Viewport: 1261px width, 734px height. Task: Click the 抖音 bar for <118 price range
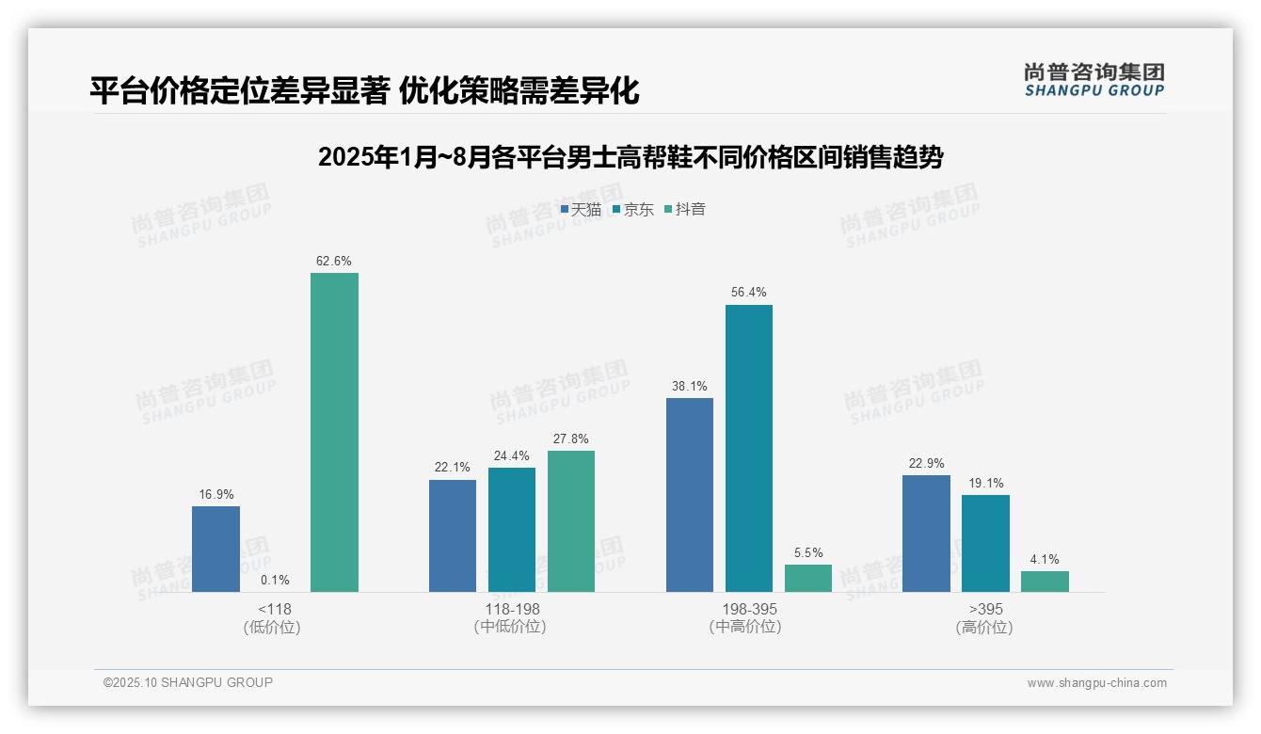point(334,432)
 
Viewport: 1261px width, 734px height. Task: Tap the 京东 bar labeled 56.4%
point(748,448)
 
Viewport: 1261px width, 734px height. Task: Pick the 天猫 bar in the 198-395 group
point(689,495)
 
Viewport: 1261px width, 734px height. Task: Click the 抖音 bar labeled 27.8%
point(570,521)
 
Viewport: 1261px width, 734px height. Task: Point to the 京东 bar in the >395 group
point(985,543)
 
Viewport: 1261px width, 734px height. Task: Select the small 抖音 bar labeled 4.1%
point(1045,582)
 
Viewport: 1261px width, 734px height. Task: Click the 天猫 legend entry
point(581,209)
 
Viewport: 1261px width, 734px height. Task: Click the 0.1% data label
point(275,580)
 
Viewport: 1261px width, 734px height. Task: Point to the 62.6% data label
point(334,261)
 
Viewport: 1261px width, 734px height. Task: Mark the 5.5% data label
point(807,552)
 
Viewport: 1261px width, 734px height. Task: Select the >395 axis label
point(985,609)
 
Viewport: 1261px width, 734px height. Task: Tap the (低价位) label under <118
point(274,627)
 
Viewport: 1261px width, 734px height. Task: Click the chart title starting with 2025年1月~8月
point(630,157)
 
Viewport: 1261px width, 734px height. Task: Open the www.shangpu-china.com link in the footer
point(1096,683)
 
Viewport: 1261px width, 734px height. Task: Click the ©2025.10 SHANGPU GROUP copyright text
point(188,682)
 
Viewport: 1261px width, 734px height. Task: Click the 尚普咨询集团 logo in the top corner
point(1093,79)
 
